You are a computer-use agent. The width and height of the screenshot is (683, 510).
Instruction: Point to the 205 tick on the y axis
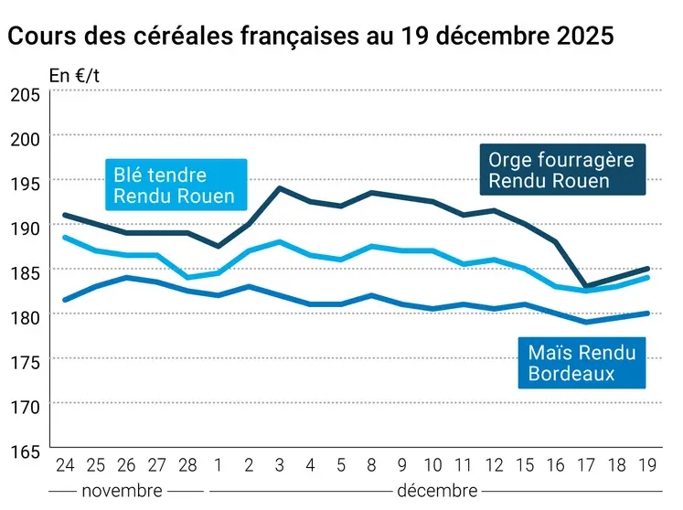(25, 94)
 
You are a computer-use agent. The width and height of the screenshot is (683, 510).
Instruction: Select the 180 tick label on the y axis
(25, 317)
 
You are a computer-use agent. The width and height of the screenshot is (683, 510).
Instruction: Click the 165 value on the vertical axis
(25, 452)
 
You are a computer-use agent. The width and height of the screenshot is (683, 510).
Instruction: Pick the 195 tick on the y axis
(25, 183)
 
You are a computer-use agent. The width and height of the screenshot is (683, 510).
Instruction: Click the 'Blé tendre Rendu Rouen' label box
(174, 186)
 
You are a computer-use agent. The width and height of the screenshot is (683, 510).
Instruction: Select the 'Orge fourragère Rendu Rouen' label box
(561, 170)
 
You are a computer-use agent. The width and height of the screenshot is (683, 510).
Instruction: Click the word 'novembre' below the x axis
(123, 490)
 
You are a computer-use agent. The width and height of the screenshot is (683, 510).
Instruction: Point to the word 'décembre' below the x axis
(436, 490)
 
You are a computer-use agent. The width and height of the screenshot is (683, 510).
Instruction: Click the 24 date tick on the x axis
(64, 465)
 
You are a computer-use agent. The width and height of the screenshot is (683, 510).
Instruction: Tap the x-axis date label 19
(647, 465)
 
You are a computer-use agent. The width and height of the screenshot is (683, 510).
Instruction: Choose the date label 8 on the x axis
(371, 465)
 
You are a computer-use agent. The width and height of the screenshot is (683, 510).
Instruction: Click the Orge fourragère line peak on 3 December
(279, 188)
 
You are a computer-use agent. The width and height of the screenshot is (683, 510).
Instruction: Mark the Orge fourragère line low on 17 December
(585, 286)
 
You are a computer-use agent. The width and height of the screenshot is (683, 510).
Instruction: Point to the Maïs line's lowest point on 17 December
(585, 322)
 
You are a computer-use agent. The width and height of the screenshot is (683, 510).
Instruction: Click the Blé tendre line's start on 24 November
(64, 238)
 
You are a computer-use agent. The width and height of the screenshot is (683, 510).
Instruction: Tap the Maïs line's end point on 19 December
(647, 313)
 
